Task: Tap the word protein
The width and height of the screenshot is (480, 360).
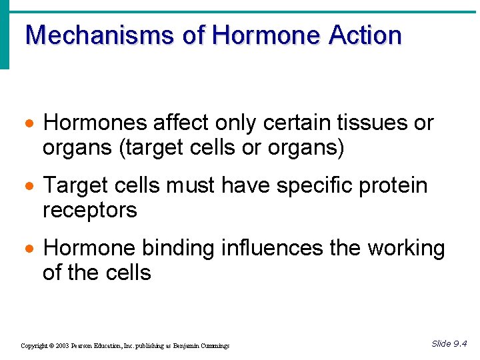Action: tap(393, 186)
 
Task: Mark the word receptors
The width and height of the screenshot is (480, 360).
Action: tap(90, 211)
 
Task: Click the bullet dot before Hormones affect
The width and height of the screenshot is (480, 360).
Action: tap(29, 125)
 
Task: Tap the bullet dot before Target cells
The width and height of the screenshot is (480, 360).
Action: tap(29, 187)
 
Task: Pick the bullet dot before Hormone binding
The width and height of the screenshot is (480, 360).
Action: tap(29, 250)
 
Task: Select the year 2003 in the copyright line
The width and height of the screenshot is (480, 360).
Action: tap(63, 346)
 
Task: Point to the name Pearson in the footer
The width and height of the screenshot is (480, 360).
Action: tap(83, 346)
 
